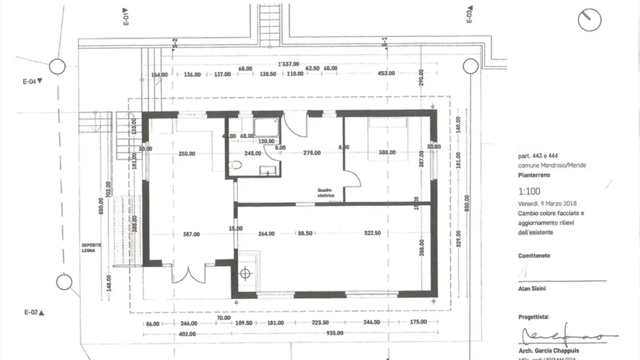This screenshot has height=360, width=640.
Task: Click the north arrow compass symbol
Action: click(589, 20)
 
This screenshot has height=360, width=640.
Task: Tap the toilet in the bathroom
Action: click(235, 165)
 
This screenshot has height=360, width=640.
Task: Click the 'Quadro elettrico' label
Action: click(326, 193)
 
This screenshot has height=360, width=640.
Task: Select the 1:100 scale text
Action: click(529, 192)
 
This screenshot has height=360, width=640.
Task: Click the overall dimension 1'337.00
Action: click(288, 64)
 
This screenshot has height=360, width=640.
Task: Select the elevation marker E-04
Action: click(32, 81)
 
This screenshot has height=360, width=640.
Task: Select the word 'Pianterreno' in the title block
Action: click(534, 175)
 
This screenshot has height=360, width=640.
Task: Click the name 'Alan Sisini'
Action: click(532, 289)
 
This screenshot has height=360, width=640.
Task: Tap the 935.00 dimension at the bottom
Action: click(335, 333)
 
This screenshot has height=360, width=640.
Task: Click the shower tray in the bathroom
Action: click(267, 127)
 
